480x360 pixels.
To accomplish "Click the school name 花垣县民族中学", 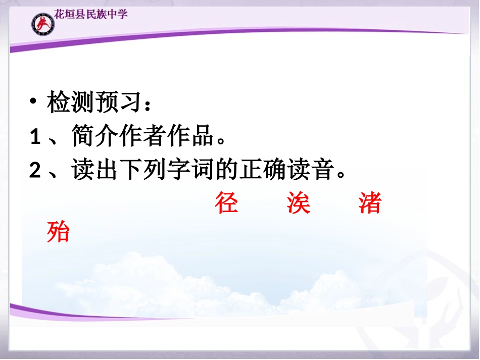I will coord(90,14).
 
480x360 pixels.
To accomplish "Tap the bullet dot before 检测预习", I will coord(33,102).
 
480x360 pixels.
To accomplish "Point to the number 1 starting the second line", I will coord(35,137).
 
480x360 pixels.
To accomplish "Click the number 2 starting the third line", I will coord(35,171).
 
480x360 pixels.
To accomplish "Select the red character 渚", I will coord(370,203).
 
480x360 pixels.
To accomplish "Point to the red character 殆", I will coord(58,232).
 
